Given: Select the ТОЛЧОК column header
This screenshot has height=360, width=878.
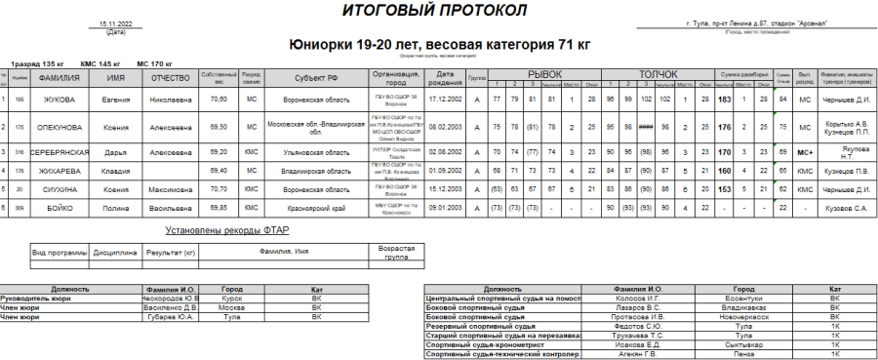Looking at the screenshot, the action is (x=658, y=73).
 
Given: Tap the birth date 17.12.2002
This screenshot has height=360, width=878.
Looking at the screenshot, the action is (x=445, y=100).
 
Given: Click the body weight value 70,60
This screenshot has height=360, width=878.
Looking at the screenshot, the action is (x=218, y=100).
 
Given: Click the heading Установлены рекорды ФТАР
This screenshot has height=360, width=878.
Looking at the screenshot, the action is (x=225, y=230).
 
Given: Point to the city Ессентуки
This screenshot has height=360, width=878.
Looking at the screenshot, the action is (x=743, y=299).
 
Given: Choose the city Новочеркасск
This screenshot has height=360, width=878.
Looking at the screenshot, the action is (x=743, y=317).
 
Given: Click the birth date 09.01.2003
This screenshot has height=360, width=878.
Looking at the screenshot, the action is (x=445, y=208).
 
